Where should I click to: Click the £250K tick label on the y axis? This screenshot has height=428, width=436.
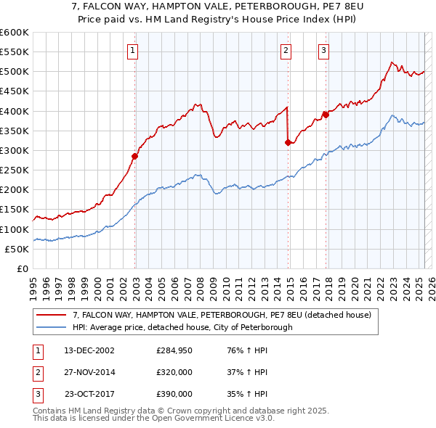point(15,170)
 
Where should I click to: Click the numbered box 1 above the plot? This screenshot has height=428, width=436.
point(134,51)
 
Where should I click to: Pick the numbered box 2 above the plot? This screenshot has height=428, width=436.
point(286,51)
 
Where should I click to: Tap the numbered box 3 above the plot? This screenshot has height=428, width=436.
point(323,51)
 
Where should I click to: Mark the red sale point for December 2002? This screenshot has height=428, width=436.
point(135,156)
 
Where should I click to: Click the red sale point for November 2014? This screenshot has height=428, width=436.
point(288,142)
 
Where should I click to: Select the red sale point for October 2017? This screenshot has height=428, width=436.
point(326,114)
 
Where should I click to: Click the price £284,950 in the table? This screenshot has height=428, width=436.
point(174,350)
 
